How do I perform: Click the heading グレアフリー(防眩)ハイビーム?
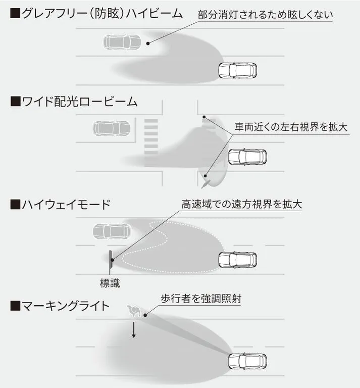point(96,14)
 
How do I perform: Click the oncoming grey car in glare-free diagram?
point(122,42)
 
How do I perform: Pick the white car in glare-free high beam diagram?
point(237,70)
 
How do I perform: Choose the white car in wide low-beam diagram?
point(247,157)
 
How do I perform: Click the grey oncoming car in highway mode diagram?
point(112,231)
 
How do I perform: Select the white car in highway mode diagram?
point(237,260)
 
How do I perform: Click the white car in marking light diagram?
point(247,361)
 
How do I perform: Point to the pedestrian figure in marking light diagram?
point(134,309)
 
